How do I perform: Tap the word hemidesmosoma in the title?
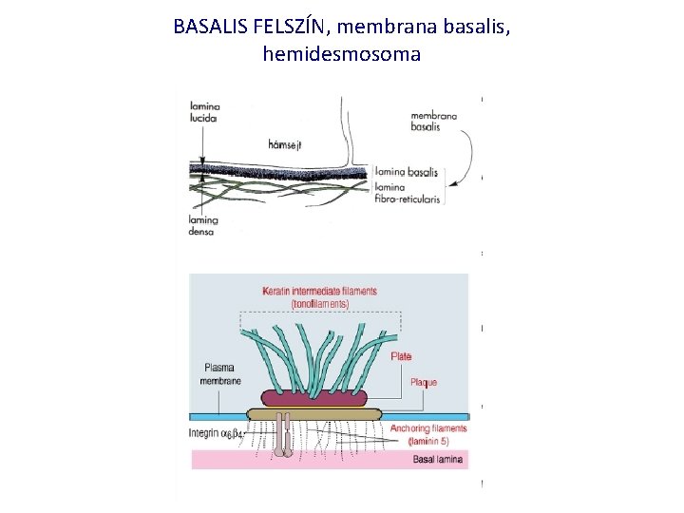(x=341, y=54)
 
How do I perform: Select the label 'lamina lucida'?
(x=203, y=112)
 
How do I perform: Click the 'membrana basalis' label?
(x=434, y=121)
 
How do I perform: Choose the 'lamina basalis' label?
(x=408, y=172)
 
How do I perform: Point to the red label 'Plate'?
(x=401, y=356)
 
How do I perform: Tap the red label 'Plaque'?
(x=423, y=382)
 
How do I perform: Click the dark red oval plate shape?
(x=308, y=396)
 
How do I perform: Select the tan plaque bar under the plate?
(x=313, y=413)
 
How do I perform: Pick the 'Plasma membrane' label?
(x=220, y=374)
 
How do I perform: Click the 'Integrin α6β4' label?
(x=217, y=434)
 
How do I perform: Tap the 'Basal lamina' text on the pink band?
(x=437, y=460)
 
